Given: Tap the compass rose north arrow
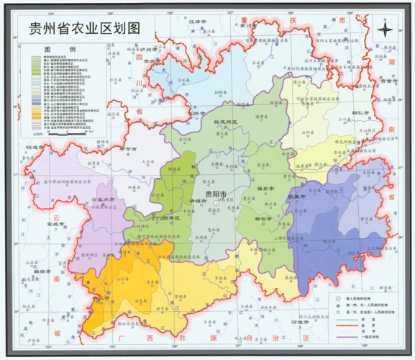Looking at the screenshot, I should (x=386, y=30).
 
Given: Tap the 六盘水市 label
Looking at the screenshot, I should (x=101, y=199).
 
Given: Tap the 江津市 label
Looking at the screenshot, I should (x=196, y=22).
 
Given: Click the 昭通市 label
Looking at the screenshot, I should (x=35, y=148).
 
